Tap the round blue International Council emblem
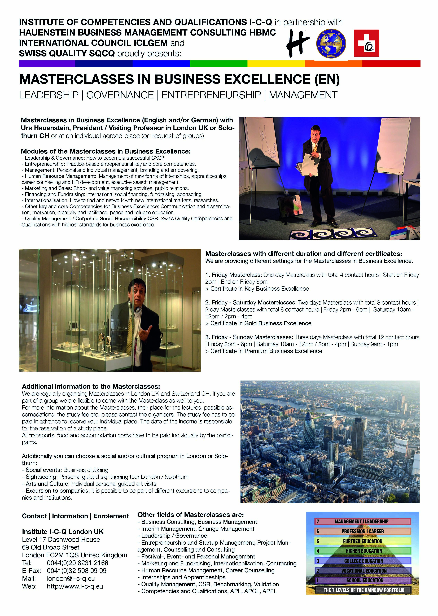(331, 43)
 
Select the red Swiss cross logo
(366, 43)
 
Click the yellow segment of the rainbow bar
(276, 64)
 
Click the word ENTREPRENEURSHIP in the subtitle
(211, 95)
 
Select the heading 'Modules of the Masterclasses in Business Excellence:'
(106, 151)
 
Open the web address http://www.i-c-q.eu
(75, 586)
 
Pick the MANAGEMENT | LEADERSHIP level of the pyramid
(361, 521)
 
